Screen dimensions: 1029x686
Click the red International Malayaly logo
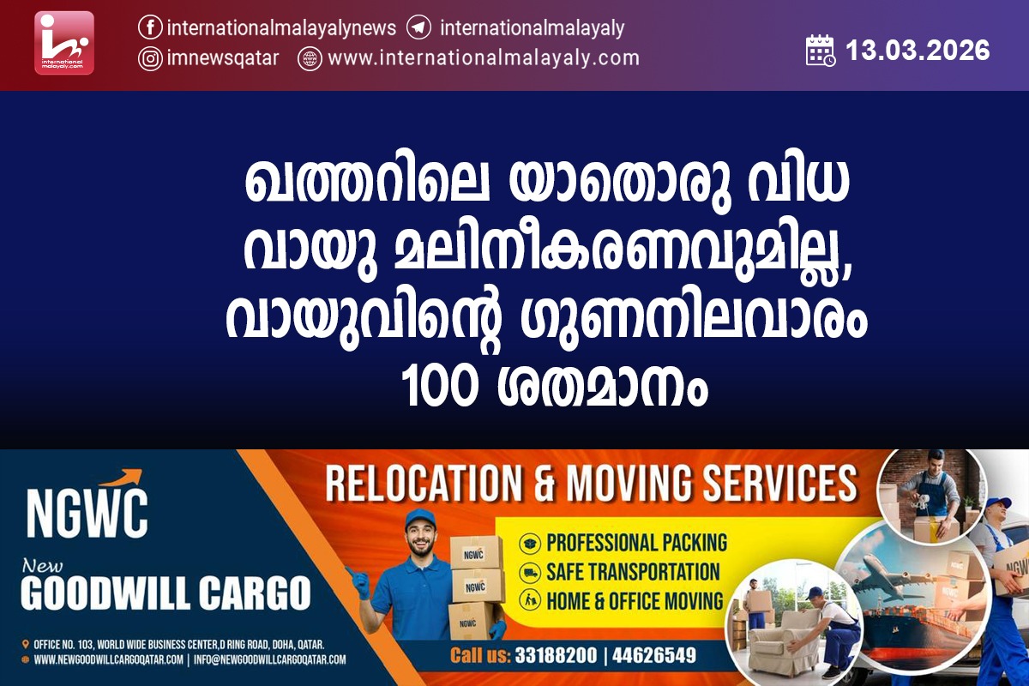point(64,43)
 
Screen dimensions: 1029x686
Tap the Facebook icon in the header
point(150,27)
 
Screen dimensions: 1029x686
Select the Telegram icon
point(418,27)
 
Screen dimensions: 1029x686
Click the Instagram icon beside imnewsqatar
point(150,59)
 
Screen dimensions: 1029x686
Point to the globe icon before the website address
point(310,59)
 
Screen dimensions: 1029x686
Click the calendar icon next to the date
point(821,50)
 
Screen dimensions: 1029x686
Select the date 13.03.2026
point(918,50)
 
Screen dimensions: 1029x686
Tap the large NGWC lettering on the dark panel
point(87,513)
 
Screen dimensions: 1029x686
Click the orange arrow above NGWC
point(121,478)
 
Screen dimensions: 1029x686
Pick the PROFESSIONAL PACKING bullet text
point(636,543)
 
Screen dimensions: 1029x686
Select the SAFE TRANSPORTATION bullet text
point(633,572)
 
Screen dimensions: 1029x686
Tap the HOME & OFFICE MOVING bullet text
point(635,601)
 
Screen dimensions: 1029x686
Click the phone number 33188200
point(556,656)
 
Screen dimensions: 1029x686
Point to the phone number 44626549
point(654,656)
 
